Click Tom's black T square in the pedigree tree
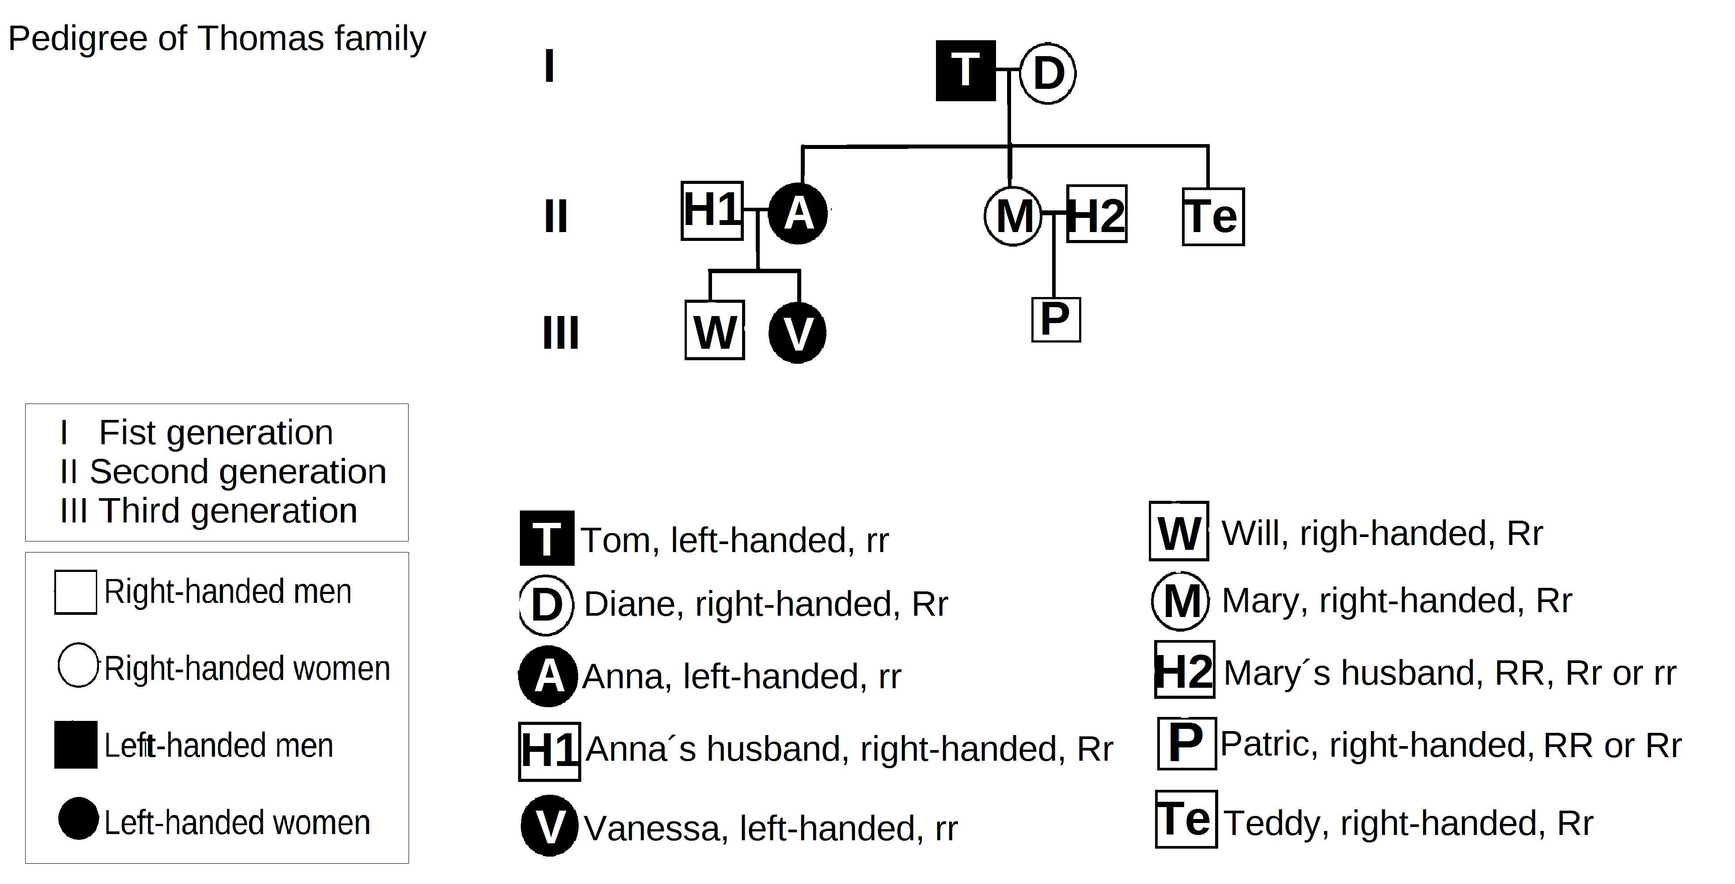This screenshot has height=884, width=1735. click(965, 71)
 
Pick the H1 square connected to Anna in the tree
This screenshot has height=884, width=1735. click(712, 210)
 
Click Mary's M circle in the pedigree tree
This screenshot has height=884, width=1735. click(1013, 216)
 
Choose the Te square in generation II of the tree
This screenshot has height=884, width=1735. click(1213, 216)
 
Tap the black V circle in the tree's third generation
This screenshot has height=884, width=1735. click(797, 333)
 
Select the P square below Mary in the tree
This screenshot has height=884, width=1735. click(1055, 320)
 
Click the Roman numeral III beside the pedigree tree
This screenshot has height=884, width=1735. click(561, 334)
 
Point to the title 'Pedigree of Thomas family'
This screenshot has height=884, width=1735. click(217, 38)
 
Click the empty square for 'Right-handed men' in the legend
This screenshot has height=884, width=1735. click(76, 592)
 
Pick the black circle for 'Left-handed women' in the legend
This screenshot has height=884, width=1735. click(78, 819)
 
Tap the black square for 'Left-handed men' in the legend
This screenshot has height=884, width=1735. click(76, 744)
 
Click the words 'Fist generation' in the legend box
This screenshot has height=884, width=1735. click(216, 433)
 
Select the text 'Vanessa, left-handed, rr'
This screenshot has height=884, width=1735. click(770, 828)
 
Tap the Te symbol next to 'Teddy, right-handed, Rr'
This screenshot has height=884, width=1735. click(1186, 819)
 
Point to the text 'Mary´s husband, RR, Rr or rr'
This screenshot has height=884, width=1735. click(1449, 672)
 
